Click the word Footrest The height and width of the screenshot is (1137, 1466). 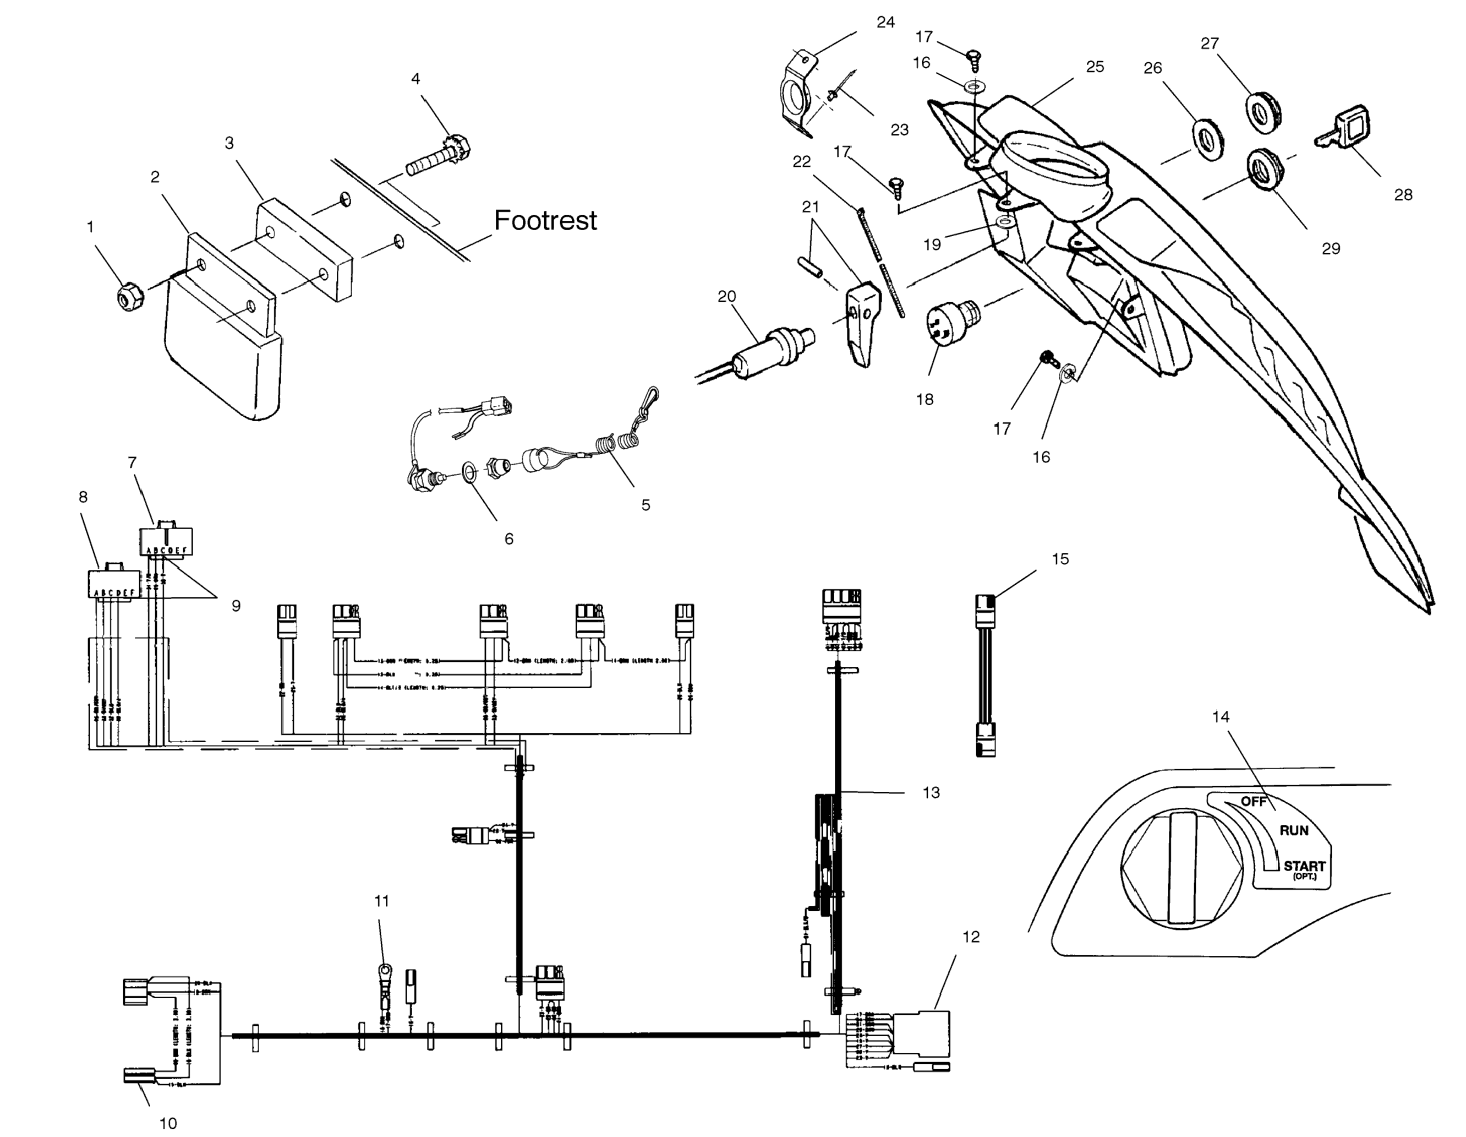(545, 220)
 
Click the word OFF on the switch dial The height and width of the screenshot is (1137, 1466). (1252, 801)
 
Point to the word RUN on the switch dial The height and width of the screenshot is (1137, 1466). (1294, 830)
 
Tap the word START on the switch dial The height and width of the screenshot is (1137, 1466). (1304, 866)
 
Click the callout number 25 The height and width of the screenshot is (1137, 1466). (1095, 67)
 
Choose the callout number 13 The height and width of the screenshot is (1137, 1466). (931, 792)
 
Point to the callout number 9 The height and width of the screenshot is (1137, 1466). (236, 605)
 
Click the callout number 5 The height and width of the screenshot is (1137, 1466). (645, 504)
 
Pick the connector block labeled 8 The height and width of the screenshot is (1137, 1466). (114, 583)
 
